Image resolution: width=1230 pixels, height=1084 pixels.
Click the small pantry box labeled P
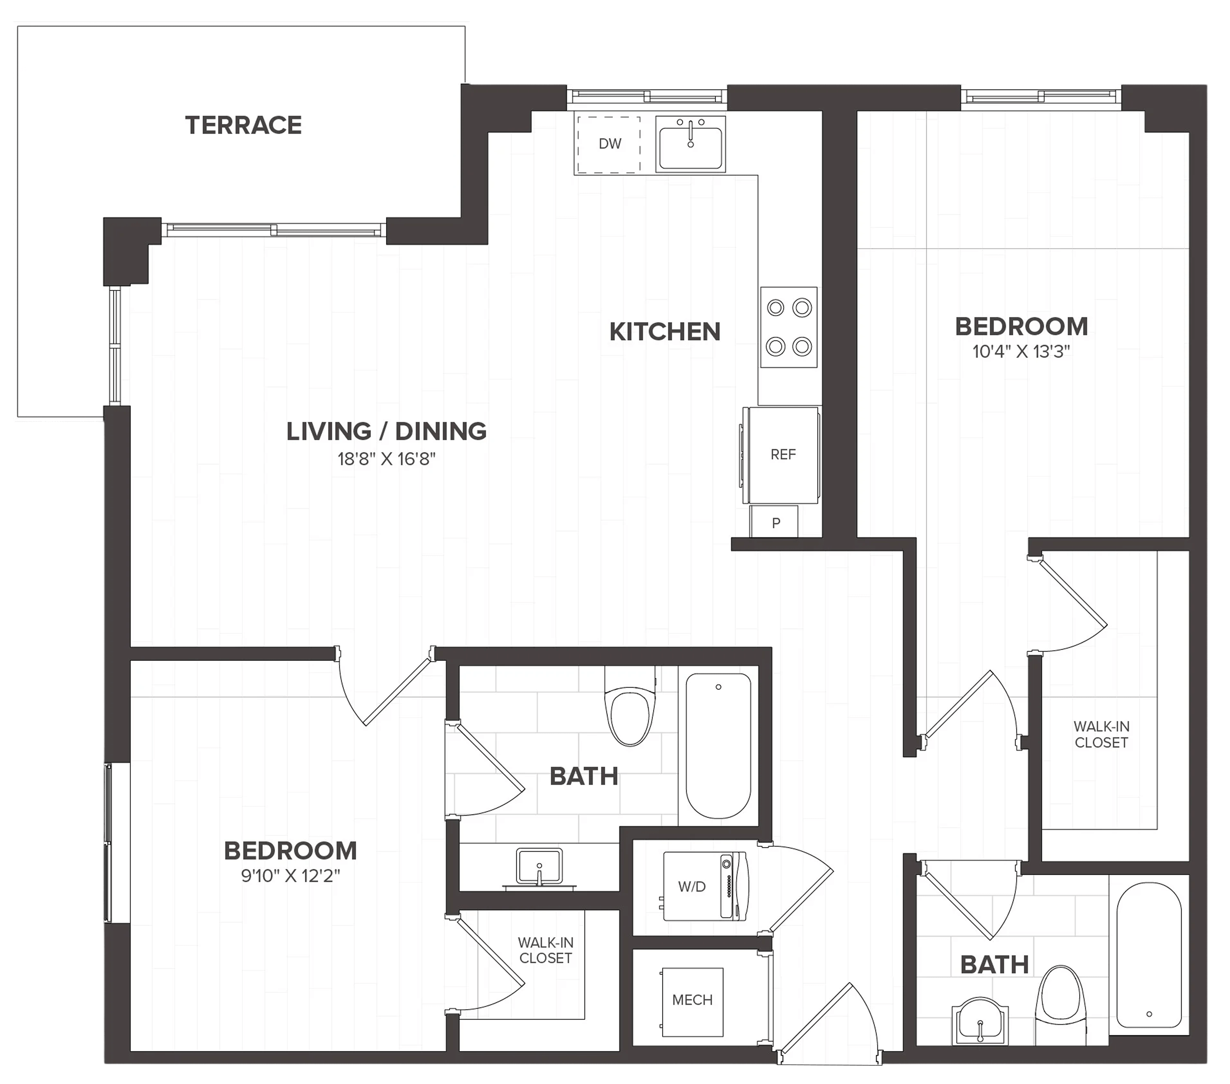point(775,521)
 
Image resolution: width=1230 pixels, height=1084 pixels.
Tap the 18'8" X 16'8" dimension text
point(386,459)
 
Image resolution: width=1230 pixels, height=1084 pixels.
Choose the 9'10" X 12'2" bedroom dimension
point(291,875)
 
